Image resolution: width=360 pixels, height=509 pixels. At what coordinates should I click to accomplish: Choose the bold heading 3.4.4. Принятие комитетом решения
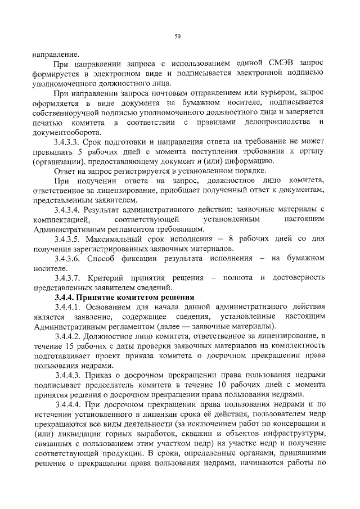pos(124,296)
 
